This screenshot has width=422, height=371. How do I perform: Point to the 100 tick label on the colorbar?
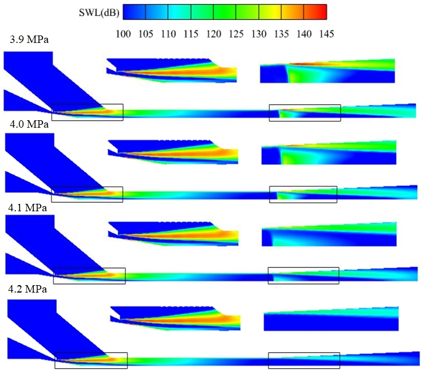(x=123, y=34)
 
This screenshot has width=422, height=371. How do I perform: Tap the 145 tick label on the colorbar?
(x=326, y=34)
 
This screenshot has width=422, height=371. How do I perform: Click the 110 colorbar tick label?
(x=168, y=34)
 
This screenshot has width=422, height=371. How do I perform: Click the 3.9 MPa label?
(x=25, y=41)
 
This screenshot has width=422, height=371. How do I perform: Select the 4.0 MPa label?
(x=25, y=124)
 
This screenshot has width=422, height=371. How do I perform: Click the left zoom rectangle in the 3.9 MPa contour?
(x=87, y=112)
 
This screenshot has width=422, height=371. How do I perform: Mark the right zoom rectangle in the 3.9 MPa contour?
(x=305, y=113)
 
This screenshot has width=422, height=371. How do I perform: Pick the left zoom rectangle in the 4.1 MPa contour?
(x=89, y=275)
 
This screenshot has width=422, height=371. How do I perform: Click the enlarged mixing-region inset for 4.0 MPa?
(x=172, y=152)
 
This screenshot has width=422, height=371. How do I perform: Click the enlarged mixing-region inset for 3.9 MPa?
(x=171, y=70)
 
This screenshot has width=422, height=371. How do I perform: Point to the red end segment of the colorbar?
(x=315, y=11)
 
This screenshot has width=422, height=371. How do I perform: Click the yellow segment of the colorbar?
(x=270, y=11)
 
